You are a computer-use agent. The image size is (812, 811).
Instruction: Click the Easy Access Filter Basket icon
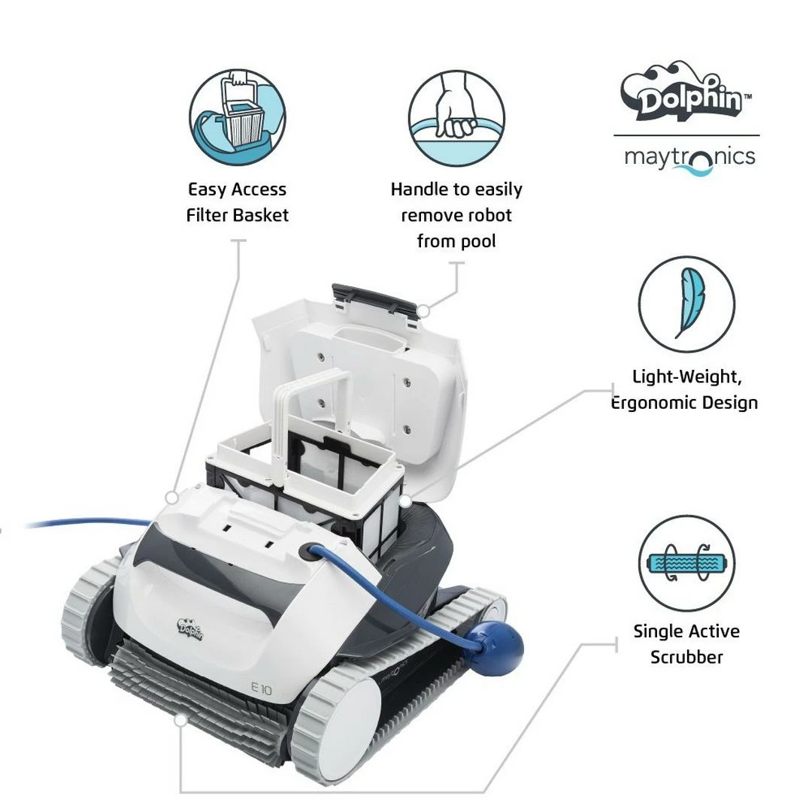click(237, 117)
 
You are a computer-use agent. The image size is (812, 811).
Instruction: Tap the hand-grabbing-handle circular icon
click(456, 117)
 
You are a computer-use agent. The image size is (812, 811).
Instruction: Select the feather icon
click(686, 304)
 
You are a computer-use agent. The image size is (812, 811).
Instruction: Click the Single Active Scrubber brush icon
click(686, 563)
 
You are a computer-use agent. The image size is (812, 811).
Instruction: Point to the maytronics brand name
click(689, 158)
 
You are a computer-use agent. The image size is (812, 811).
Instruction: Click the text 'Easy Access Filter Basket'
click(237, 202)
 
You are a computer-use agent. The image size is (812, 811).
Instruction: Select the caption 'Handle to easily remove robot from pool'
click(456, 215)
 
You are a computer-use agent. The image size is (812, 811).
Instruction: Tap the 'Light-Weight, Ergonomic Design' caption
click(684, 389)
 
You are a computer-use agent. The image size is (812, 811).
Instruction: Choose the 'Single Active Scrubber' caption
click(686, 644)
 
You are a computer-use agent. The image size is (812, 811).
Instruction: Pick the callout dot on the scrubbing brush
click(180, 720)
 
